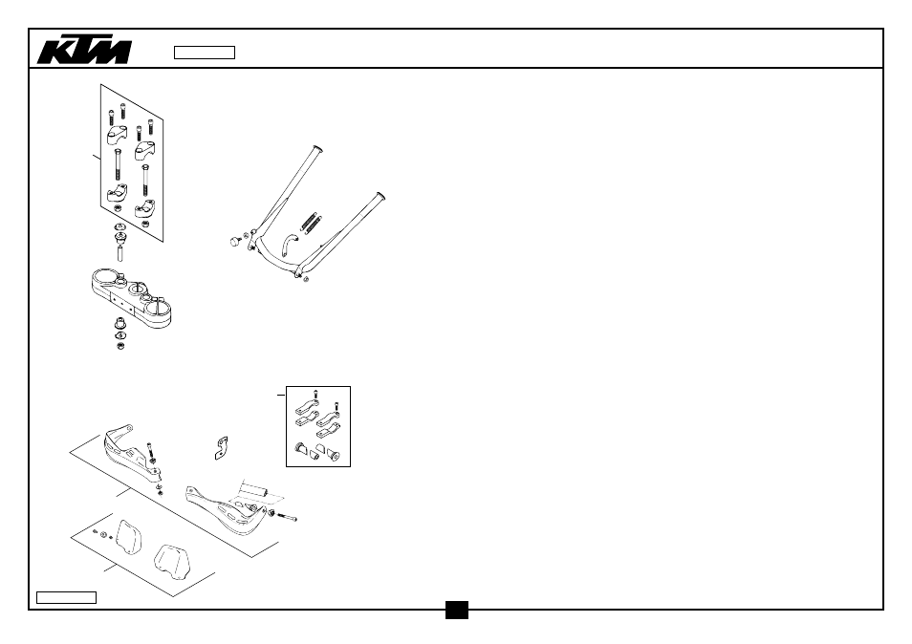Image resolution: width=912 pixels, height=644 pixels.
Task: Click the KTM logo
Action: pos(84,52)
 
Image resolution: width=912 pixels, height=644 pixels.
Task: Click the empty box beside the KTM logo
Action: pos(205,53)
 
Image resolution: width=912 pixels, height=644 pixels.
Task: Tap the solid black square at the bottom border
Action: pos(457,610)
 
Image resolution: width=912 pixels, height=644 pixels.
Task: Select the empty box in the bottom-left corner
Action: pos(66,597)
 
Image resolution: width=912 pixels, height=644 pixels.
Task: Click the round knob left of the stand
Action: pos(235,241)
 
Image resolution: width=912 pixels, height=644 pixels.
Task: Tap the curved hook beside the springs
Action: pos(289,245)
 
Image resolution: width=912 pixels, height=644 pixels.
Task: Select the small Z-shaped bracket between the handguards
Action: pos(221,448)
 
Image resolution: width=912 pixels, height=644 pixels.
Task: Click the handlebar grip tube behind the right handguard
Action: pos(254,489)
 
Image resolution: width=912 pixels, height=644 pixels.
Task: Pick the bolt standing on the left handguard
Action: pos(151,451)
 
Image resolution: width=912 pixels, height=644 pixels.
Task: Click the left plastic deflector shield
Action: pos(129,540)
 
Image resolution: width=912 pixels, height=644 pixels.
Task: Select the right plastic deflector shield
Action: pos(173,562)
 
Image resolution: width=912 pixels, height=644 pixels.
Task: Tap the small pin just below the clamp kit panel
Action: pos(120,253)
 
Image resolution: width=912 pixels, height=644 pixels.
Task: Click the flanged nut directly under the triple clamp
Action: pos(120,323)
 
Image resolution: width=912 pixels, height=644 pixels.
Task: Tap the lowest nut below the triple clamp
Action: pos(120,347)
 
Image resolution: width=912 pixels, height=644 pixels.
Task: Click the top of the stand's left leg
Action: pos(317,149)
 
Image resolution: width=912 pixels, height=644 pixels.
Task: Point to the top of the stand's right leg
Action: pos(380,196)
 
